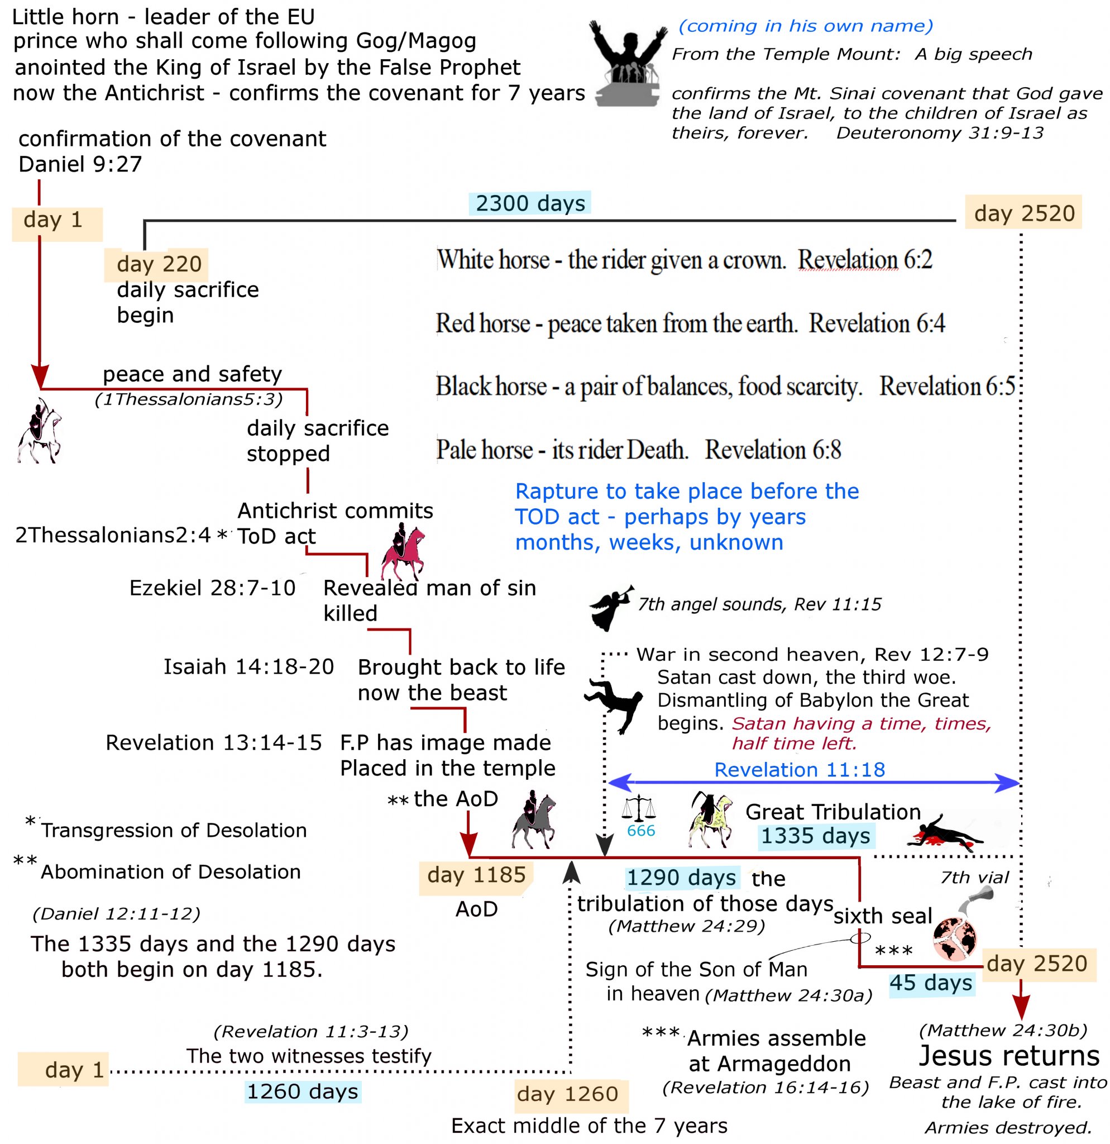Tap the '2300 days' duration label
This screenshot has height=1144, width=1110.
pyautogui.click(x=530, y=203)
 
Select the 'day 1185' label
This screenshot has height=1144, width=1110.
pyautogui.click(x=476, y=874)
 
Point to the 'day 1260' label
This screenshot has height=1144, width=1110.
pyautogui.click(x=567, y=1093)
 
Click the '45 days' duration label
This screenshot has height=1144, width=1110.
pyautogui.click(x=930, y=983)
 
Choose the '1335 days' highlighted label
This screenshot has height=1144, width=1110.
pyautogui.click(x=815, y=836)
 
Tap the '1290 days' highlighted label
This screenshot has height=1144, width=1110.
pyautogui.click(x=681, y=877)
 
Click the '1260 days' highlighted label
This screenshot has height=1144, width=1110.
pyautogui.click(x=302, y=1091)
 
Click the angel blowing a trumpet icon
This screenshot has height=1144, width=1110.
pyautogui.click(x=610, y=608)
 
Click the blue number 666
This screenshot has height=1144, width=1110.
pyautogui.click(x=640, y=830)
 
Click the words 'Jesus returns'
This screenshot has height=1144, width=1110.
pyautogui.click(x=1008, y=1055)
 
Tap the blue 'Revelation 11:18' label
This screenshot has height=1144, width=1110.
pyautogui.click(x=799, y=769)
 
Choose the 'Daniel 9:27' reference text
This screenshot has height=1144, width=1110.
pyautogui.click(x=80, y=164)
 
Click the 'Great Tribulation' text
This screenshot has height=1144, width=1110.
pyautogui.click(x=833, y=811)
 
